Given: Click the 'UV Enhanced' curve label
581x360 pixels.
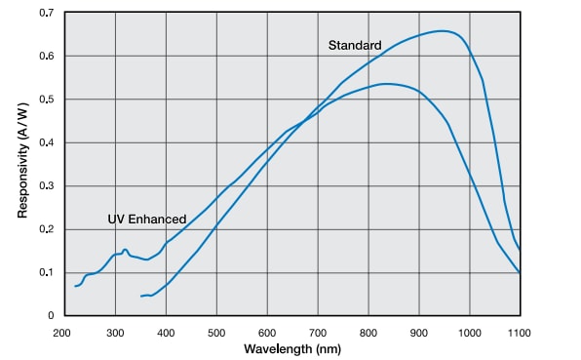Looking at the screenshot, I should coord(146,220).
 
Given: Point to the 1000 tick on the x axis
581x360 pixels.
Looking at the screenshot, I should coord(469,332).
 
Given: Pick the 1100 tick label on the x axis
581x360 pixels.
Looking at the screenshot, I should coord(519,332).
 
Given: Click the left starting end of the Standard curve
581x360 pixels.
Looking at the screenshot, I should coord(141,296).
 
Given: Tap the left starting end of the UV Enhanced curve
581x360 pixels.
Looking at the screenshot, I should coord(75,286).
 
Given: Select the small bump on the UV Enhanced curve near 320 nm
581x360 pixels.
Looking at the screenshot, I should coord(125,250).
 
